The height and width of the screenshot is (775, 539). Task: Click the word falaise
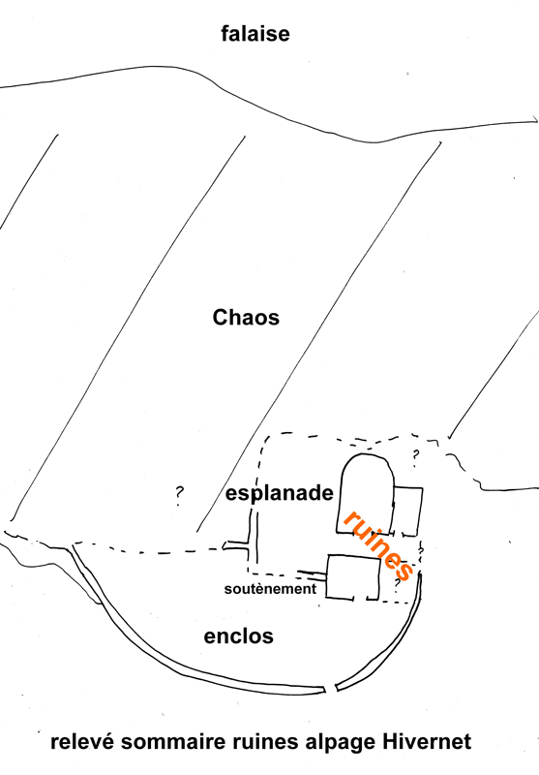click(255, 34)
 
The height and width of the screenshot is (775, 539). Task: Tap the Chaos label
click(246, 318)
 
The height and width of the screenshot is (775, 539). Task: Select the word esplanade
click(280, 494)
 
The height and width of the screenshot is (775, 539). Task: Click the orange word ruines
click(378, 544)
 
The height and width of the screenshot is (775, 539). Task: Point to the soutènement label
click(270, 589)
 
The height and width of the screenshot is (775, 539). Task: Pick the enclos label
click(238, 636)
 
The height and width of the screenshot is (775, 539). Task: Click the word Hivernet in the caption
click(427, 742)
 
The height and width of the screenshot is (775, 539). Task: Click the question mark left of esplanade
click(179, 495)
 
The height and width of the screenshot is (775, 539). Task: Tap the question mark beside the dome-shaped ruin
click(415, 456)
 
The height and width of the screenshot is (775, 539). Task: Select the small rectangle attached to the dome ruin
click(407, 511)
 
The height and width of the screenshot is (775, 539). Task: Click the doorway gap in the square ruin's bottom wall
click(360, 599)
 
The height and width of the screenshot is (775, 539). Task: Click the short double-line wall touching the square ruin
click(312, 573)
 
